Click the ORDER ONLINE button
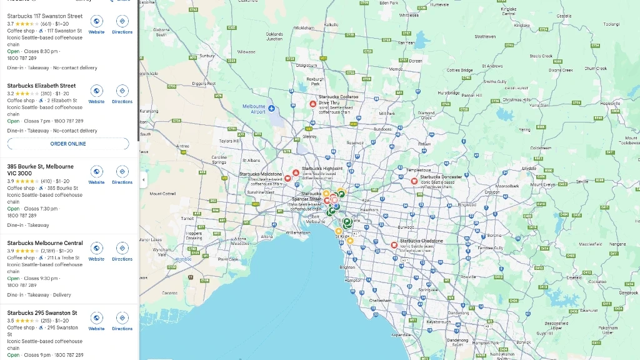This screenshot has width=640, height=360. (68, 144)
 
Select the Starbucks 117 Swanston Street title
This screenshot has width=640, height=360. (44, 16)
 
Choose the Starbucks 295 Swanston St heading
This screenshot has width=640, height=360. (42, 312)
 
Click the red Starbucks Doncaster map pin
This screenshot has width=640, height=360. (414, 181)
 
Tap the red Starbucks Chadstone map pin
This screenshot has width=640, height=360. (394, 245)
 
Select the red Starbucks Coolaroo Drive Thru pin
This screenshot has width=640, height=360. (313, 104)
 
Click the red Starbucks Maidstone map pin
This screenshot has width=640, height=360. (287, 178)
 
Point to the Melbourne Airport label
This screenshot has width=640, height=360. (254, 109)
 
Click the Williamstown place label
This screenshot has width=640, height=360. (297, 232)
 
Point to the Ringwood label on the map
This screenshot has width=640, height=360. (466, 204)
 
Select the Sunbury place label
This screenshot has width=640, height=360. (207, 55)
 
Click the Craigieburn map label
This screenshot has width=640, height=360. (306, 65)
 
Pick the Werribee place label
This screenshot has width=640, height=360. (183, 258)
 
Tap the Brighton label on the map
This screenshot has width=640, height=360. (347, 267)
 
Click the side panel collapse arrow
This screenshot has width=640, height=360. (143, 180)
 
